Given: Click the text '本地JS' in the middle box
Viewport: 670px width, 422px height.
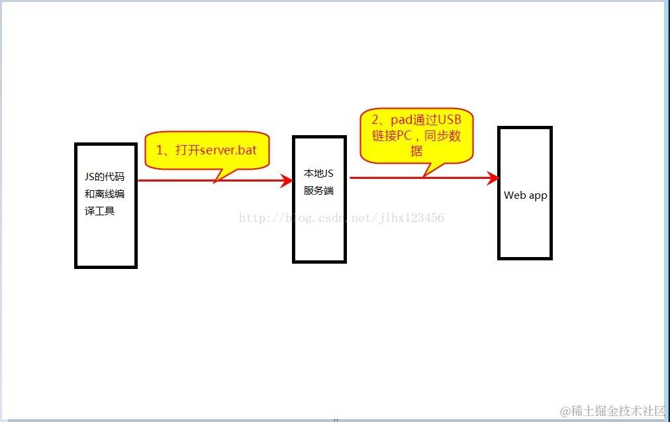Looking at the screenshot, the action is [x=318, y=174].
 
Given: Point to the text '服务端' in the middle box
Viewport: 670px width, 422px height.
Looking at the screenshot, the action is [x=318, y=191].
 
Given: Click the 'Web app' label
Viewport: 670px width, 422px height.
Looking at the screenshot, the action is [x=526, y=195].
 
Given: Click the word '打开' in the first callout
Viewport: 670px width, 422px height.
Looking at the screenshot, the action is [x=187, y=150].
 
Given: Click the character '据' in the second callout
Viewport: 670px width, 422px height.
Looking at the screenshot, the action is [x=416, y=151].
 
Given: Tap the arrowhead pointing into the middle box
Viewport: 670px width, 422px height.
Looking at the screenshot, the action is [x=287, y=180].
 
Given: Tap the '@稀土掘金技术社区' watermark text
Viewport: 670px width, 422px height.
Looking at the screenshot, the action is [x=612, y=411].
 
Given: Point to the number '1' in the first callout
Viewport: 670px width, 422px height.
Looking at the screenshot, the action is [x=160, y=150].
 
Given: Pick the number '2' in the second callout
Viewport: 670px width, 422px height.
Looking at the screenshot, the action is [x=376, y=120].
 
